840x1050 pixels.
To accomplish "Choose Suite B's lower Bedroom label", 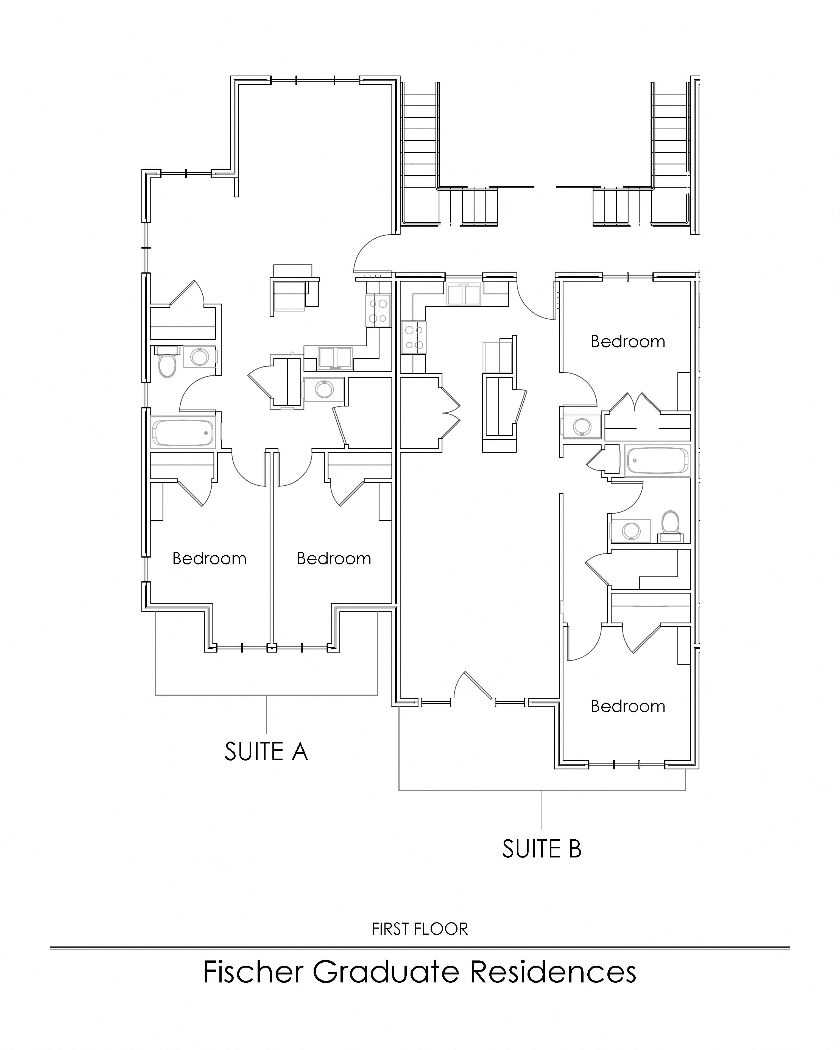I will point(628,706).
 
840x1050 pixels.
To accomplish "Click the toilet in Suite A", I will point(168,364).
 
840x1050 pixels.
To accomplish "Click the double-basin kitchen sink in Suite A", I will point(335,358).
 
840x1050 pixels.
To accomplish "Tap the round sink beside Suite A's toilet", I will point(200,357).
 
